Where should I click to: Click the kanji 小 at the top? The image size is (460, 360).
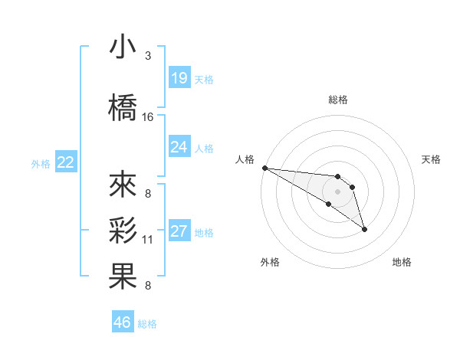123,48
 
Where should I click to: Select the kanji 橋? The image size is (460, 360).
123,109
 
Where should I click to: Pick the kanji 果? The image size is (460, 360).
123,277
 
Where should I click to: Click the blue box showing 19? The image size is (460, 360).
179,78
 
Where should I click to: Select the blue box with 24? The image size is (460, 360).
179,147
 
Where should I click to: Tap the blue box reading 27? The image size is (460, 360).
179,231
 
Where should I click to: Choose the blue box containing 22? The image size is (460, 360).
66,162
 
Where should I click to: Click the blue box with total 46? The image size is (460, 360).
123,322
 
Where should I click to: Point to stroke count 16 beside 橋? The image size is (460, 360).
148,117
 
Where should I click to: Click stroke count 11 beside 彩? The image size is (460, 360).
148,240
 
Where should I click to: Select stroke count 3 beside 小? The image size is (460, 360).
148,56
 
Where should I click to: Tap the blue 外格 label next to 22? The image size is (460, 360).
40,163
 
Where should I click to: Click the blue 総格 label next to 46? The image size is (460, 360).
148,324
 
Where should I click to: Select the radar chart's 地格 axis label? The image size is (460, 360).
402,262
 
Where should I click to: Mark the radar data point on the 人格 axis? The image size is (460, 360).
264,168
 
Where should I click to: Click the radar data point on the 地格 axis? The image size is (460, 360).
364,229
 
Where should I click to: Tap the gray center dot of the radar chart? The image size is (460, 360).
337,191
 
